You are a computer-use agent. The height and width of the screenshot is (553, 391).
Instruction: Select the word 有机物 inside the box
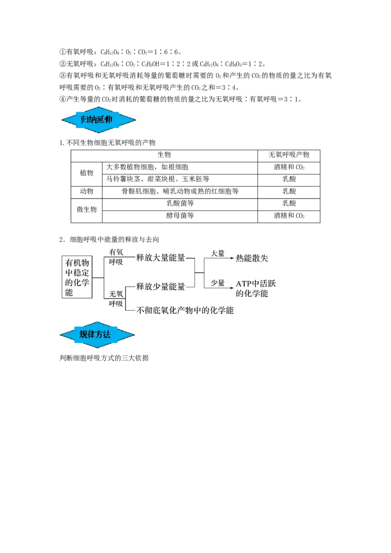point(77,262)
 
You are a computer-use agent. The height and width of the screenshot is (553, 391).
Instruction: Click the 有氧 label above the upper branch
point(116,252)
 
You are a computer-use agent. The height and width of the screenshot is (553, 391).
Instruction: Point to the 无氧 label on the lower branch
point(116,294)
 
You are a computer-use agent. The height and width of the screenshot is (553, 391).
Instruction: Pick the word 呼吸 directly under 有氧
point(116,262)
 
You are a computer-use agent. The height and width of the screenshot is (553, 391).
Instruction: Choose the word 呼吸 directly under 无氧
point(116,303)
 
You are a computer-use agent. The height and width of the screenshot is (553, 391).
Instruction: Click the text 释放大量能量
point(160,258)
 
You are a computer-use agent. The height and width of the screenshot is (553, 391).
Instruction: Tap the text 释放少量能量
point(160,287)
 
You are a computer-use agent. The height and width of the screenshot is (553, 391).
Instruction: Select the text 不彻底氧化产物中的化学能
point(185,310)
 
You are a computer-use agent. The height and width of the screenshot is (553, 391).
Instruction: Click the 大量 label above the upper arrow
point(217,253)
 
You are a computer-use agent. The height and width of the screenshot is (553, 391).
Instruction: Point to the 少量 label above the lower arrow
point(217,283)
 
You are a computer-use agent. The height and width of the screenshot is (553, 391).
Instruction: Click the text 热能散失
point(252,258)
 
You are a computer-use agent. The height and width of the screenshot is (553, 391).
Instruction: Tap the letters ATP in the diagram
point(243,284)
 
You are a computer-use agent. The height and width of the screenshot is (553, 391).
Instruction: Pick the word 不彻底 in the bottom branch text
point(149,310)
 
